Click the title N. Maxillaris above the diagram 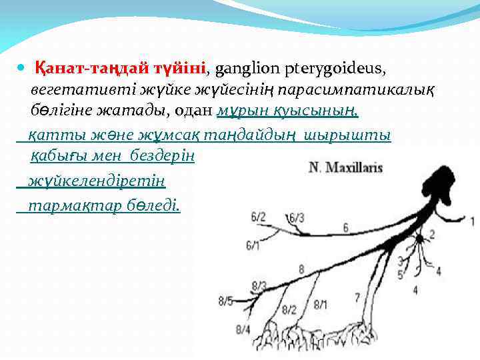pyautogui.click(x=345, y=167)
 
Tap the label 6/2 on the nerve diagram pyautogui.click(x=258, y=217)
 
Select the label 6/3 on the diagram pyautogui.click(x=297, y=217)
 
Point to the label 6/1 pyautogui.click(x=253, y=246)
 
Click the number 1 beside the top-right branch pyautogui.click(x=472, y=221)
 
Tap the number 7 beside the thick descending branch pyautogui.click(x=357, y=297)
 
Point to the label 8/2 pyautogui.click(x=289, y=309)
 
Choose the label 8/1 pyautogui.click(x=321, y=305)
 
